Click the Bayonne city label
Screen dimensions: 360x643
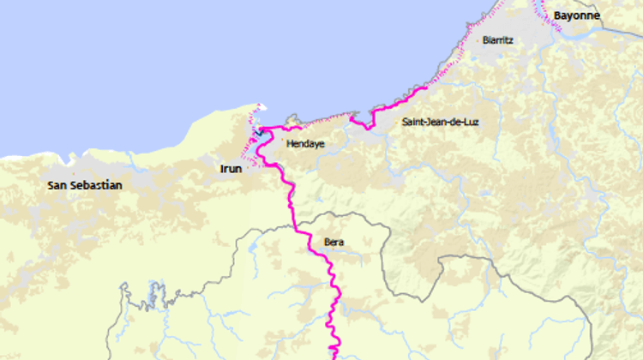(576, 15)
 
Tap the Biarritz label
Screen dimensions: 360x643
(498, 39)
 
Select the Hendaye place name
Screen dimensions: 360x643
(305, 144)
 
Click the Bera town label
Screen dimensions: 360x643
(334, 243)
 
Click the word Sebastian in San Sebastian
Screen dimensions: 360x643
(96, 185)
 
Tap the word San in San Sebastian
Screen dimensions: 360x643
(57, 185)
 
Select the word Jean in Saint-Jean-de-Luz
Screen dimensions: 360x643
(436, 123)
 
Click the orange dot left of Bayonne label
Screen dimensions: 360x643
(549, 15)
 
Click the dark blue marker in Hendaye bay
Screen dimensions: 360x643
(258, 133)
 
